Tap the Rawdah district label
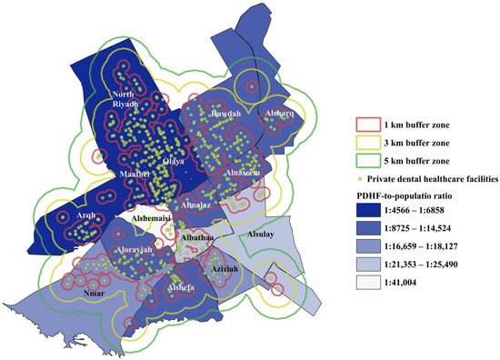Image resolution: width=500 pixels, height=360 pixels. tap(225, 115)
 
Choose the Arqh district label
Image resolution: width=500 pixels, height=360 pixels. tap(85, 215)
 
